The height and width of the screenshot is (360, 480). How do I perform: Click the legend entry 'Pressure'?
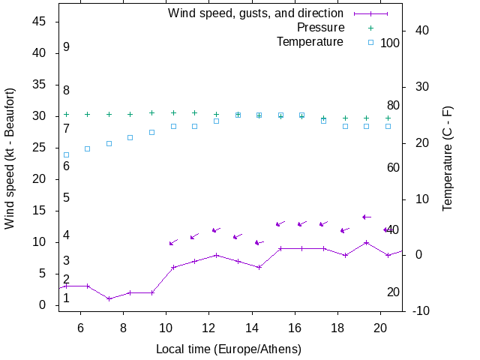pos(320,28)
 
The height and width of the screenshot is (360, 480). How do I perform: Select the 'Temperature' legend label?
pos(310,42)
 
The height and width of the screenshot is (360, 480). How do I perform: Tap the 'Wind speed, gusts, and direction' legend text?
pos(255,13)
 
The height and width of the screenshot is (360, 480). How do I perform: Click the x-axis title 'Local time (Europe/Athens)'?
pos(228,349)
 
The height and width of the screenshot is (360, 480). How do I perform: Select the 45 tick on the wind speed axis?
pos(40,22)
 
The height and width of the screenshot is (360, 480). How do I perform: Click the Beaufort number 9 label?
pos(66,47)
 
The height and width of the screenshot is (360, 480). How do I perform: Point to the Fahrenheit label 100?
pos(390,43)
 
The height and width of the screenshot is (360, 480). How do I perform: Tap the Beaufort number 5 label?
pos(66,198)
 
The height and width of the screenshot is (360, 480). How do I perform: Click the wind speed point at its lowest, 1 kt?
pos(109,298)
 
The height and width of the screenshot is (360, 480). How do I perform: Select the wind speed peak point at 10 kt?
pos(366,242)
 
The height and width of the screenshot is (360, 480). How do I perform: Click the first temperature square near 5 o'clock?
pos(66,155)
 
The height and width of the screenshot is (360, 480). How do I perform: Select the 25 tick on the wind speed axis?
pos(40,148)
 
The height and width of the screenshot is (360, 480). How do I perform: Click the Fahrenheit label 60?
pos(393,167)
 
